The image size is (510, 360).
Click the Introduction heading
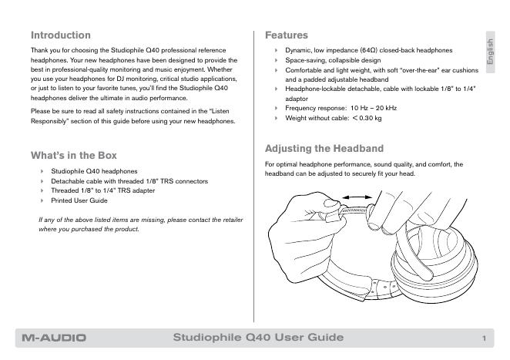[x=60, y=35]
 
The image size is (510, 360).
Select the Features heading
[x=286, y=35]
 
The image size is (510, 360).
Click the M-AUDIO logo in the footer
[x=54, y=338]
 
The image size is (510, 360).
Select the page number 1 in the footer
[x=483, y=338]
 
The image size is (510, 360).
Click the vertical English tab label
[x=488, y=51]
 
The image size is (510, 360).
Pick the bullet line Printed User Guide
[x=79, y=200]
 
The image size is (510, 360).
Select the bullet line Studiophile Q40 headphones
[x=94, y=170]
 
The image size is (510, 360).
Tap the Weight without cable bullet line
[x=333, y=119]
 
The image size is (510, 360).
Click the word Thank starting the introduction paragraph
[x=39, y=50]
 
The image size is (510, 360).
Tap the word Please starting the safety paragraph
[x=39, y=111]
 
